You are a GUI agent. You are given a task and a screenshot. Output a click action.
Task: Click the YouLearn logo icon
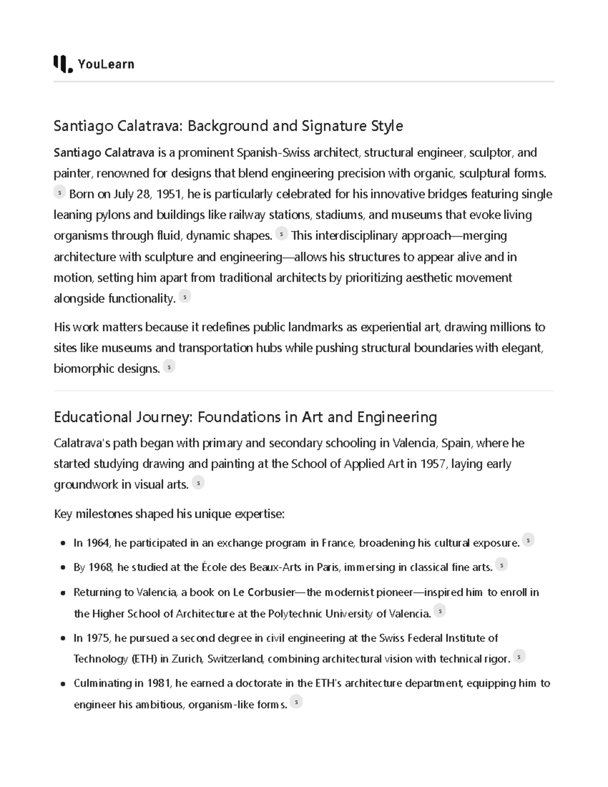pos(62,64)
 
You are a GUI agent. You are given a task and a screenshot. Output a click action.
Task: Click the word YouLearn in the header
pos(106,64)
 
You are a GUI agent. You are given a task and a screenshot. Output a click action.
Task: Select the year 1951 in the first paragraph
pos(170,194)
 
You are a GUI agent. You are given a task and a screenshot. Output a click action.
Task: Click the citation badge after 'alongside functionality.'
pos(185,297)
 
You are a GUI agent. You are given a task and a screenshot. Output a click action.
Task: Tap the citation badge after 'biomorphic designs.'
pos(169,366)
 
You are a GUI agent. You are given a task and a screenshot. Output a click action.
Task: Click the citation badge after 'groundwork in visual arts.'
pos(198,483)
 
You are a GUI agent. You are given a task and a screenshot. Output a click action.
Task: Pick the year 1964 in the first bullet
pos(98,543)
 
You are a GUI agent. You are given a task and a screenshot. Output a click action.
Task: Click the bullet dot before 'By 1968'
pos(63,568)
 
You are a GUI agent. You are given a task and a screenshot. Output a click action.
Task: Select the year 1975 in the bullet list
pos(98,638)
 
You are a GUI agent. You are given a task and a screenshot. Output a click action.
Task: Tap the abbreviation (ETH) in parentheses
pos(144,659)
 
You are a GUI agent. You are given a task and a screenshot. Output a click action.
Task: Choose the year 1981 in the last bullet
pos(159,683)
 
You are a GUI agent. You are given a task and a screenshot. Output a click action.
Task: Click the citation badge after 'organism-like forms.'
pos(295,702)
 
